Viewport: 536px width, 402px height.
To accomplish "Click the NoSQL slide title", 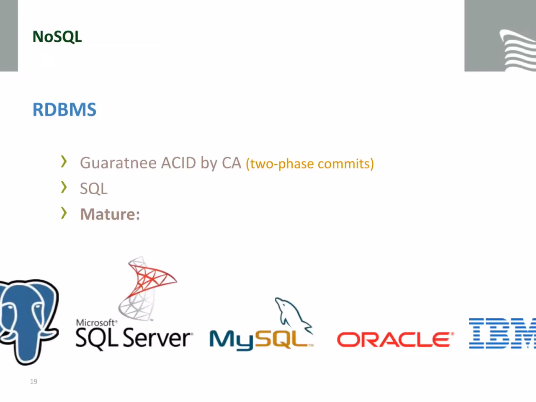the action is [x=57, y=37].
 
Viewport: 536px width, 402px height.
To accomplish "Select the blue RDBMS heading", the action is [x=64, y=110].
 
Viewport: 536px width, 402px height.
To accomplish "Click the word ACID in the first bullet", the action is [x=178, y=163].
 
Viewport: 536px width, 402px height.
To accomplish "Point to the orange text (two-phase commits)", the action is [x=309, y=164].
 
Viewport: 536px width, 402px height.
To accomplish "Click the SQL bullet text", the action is [x=94, y=189].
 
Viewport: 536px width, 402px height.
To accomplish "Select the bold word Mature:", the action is [x=110, y=214].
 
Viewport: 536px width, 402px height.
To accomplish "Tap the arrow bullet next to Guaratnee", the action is [x=64, y=162].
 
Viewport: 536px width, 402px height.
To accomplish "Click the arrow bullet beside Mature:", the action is [x=64, y=213].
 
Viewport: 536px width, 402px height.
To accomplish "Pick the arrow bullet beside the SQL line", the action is [x=64, y=187].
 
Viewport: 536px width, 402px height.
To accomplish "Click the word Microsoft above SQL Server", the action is [x=96, y=323].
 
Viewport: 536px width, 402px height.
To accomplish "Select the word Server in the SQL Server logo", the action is [x=158, y=338].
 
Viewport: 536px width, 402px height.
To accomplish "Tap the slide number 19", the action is [x=33, y=381].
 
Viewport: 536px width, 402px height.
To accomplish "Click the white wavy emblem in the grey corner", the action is [x=518, y=50].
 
